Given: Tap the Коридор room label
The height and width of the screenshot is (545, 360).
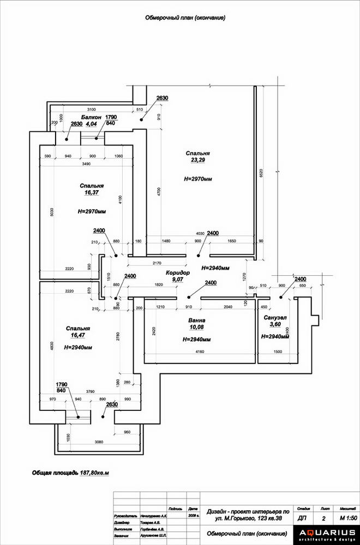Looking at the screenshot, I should [x=177, y=272].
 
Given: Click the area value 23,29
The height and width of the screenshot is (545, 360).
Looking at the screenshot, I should [x=197, y=160].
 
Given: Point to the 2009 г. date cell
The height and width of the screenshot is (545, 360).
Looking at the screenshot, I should [x=193, y=514].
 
